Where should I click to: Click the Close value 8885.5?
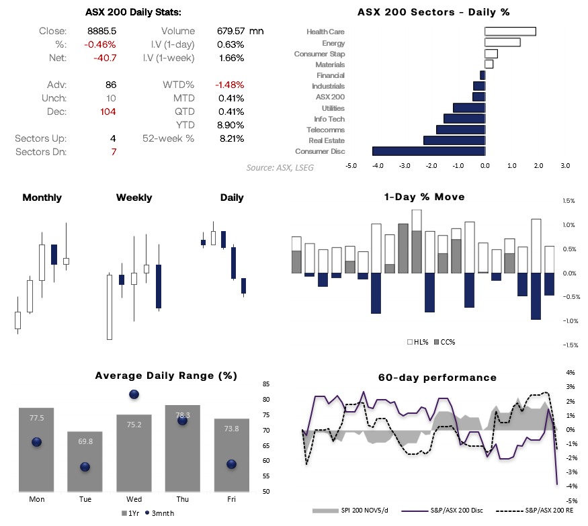tap(103, 31)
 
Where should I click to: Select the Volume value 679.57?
tap(230, 31)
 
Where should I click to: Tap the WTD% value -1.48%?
tap(230, 85)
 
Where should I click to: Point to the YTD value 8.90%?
tap(230, 125)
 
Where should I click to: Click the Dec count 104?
tap(108, 112)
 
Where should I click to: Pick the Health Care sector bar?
tap(510, 32)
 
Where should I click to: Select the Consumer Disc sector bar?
tap(428, 151)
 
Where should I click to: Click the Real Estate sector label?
tap(327, 140)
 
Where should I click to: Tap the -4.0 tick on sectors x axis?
tap(378, 165)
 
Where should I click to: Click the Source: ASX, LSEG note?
tap(280, 167)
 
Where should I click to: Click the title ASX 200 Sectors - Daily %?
tap(433, 12)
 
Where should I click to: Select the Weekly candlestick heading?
tap(134, 198)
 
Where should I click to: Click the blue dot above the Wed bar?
tap(134, 394)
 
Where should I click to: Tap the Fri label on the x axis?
tap(230, 499)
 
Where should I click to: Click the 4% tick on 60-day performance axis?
tap(571, 373)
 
